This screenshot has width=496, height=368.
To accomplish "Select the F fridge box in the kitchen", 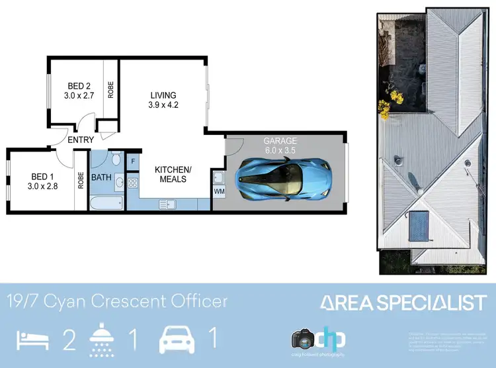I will click(133, 161).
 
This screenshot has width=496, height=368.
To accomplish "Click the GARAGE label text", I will click(281, 141).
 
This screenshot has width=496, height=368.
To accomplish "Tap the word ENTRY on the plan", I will click(81, 140).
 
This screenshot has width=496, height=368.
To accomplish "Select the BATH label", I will click(101, 177).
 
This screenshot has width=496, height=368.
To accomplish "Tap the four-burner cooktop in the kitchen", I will click(132, 183).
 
